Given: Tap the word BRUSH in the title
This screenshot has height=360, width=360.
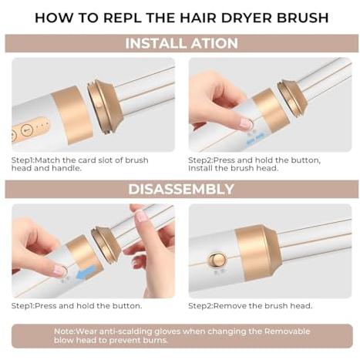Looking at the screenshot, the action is [x=303, y=18].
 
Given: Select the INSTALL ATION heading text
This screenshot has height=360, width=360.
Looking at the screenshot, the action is [x=181, y=43].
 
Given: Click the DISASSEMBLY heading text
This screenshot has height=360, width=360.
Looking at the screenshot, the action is [x=181, y=189].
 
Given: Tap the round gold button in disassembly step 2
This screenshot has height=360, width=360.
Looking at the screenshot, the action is [x=217, y=260].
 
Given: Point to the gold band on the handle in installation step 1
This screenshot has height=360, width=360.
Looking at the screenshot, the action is [x=72, y=115].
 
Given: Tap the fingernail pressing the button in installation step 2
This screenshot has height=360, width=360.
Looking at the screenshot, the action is [x=246, y=123].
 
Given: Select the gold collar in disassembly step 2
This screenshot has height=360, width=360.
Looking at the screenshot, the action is [x=259, y=252].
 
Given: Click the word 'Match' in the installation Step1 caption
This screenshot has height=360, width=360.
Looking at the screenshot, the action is [x=47, y=160].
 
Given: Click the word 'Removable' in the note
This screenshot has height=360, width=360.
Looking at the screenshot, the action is [x=287, y=331].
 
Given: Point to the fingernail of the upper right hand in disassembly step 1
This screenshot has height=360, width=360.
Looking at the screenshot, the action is [x=141, y=216].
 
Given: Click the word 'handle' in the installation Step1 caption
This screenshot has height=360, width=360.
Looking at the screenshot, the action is [x=66, y=168].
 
